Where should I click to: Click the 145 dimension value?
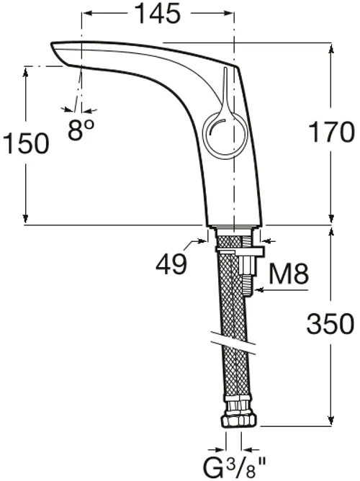[158, 14]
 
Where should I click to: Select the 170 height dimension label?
[332, 132]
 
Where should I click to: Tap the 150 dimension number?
[26, 143]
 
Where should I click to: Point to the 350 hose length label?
[330, 323]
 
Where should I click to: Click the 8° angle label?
[81, 130]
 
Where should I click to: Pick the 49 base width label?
[171, 264]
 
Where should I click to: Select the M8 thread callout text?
[289, 274]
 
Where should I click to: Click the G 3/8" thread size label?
[235, 467]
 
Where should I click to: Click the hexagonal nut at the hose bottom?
[240, 420]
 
